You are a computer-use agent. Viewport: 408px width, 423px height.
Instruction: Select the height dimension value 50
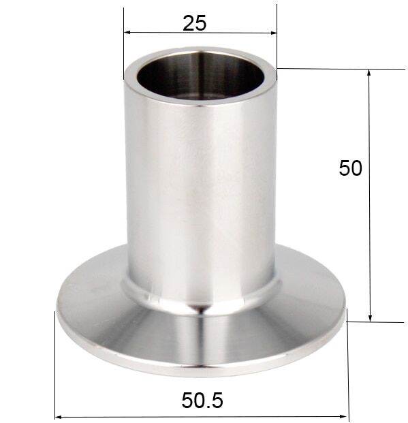[x=350, y=168]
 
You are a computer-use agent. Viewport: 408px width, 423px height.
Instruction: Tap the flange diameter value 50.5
[x=202, y=401]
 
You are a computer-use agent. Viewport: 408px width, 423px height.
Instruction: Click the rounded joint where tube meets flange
[x=201, y=300]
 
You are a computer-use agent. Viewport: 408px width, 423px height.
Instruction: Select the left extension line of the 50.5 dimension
[x=55, y=368]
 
